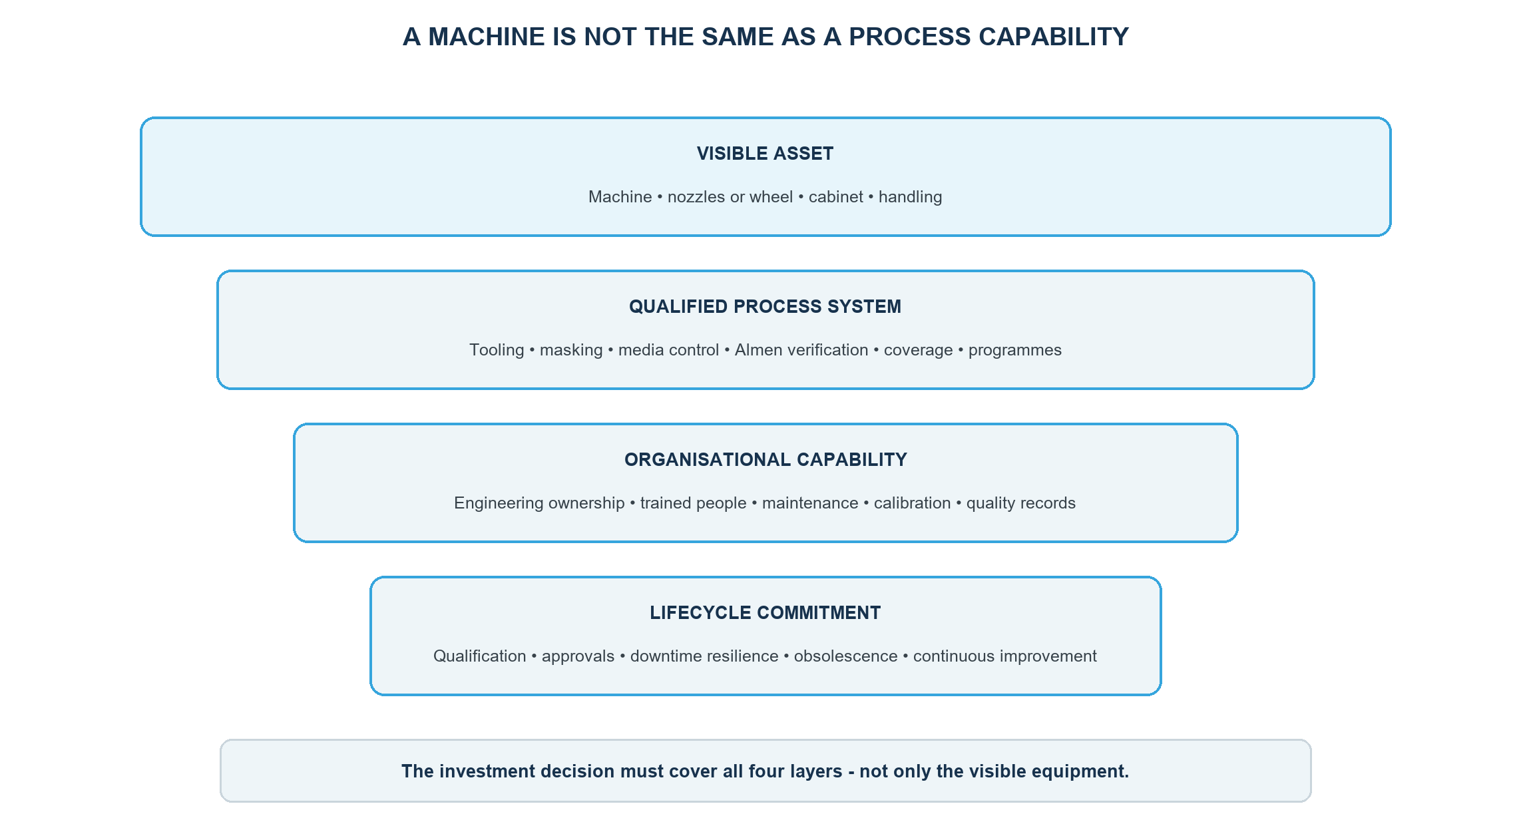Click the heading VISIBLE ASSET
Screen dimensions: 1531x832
[x=765, y=154]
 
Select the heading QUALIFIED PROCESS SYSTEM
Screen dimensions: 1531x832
[x=765, y=307]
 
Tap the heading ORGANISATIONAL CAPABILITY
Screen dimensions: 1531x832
[x=765, y=460]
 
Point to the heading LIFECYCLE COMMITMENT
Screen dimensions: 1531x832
[x=765, y=613]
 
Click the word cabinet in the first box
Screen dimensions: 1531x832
[x=835, y=197]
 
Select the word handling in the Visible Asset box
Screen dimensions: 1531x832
[x=910, y=198]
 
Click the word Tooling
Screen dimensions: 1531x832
[x=497, y=351]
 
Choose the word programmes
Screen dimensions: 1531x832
[x=1015, y=351]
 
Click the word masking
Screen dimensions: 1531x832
[x=571, y=351]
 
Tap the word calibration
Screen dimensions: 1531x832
[x=912, y=503]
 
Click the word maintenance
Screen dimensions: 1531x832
[x=810, y=503]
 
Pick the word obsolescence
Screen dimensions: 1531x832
[x=845, y=656]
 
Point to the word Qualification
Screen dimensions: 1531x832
[x=480, y=656]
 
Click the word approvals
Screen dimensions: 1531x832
[x=578, y=657]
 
